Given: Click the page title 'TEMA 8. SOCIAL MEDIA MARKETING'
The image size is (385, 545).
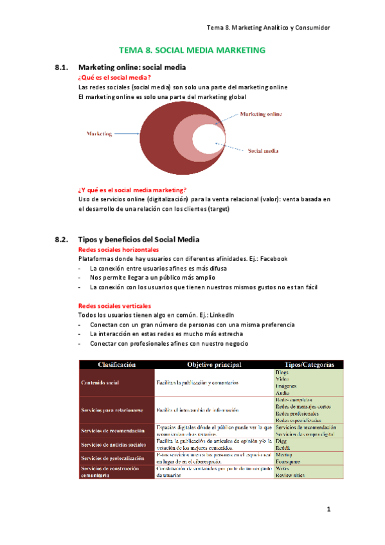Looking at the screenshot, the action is point(192,49).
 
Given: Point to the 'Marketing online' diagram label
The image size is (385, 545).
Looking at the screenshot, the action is point(260,114).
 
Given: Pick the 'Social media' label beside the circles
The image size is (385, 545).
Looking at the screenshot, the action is point(263,151).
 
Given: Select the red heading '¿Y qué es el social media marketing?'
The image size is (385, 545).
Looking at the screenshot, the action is point(132,190).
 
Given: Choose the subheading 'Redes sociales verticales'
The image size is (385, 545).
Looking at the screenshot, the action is point(114,306).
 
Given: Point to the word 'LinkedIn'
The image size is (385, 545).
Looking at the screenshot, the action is point(221,315).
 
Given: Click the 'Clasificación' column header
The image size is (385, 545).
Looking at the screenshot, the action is point(116,364).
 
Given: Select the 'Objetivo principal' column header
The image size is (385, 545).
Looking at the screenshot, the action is point(214,364).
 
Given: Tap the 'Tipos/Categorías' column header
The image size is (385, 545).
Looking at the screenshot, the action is point(304,364).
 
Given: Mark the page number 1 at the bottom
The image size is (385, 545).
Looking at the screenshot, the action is point(328,510).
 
